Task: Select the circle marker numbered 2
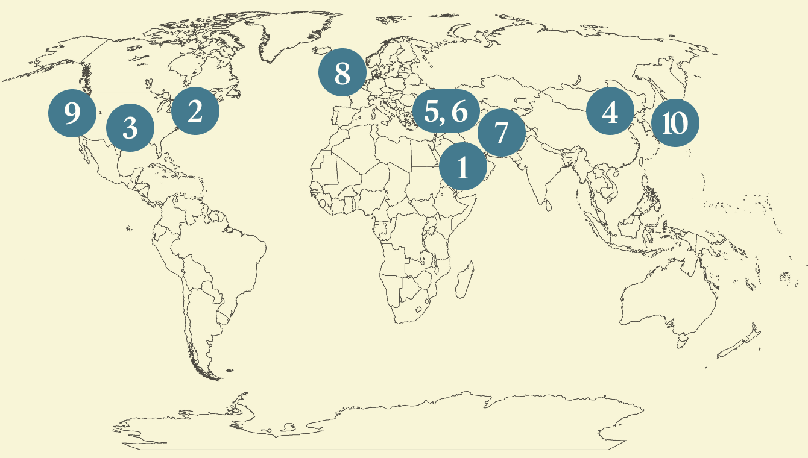click(195, 110)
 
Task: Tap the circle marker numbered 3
click(130, 127)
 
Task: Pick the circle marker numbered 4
click(610, 111)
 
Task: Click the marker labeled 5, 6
click(446, 111)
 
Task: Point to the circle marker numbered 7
click(501, 132)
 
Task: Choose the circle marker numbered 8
click(342, 73)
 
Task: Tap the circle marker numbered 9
click(72, 113)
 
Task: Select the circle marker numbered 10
click(675, 123)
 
